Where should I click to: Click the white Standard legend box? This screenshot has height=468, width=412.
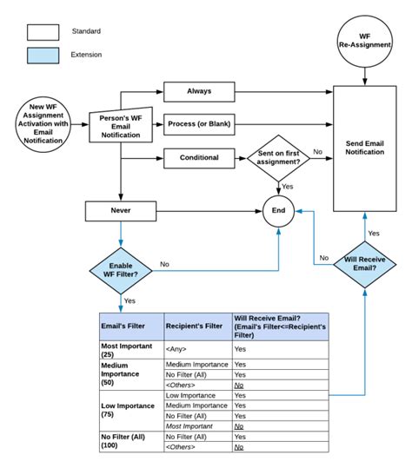pyautogui.click(x=43, y=32)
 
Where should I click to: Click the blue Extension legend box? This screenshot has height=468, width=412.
pyautogui.click(x=43, y=55)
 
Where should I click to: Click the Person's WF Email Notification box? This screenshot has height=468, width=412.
pyautogui.click(x=121, y=125)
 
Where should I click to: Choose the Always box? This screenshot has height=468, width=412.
pyautogui.click(x=198, y=90)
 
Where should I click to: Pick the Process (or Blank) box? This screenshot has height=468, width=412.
pyautogui.click(x=198, y=124)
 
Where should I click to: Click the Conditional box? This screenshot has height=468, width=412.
pyautogui.click(x=198, y=158)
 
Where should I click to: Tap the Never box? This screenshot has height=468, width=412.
pyautogui.click(x=120, y=209)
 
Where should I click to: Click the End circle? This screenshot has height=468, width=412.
pyautogui.click(x=278, y=209)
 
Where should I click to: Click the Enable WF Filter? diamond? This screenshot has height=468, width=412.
pyautogui.click(x=120, y=270)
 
